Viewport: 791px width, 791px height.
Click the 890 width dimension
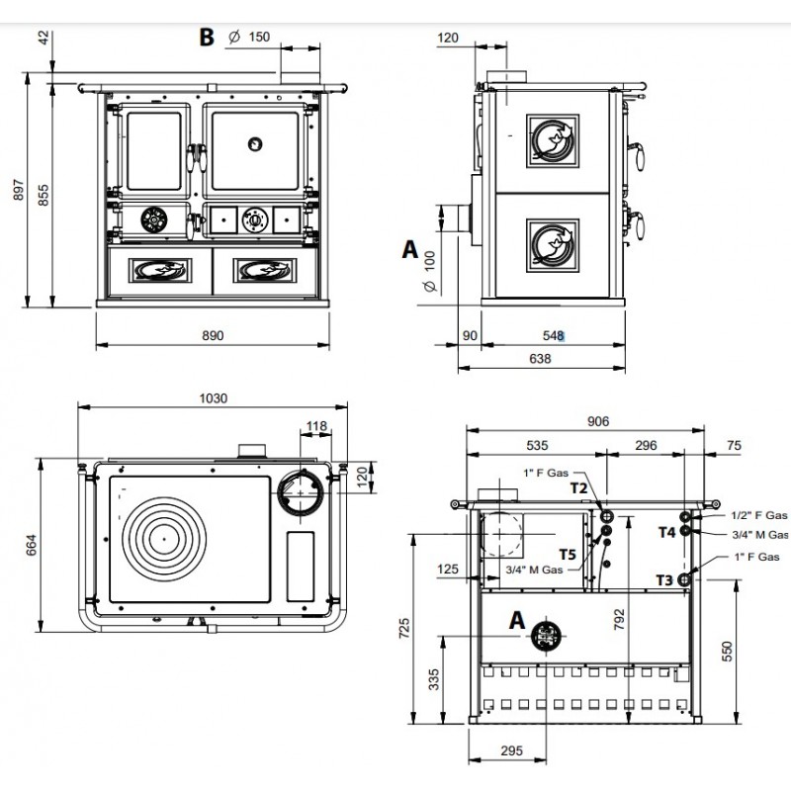pos(213,335)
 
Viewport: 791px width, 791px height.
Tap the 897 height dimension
pos(19,190)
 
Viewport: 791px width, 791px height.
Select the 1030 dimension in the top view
pos(213,398)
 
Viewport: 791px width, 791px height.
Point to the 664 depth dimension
pos(32,545)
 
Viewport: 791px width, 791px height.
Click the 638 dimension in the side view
pos(540,359)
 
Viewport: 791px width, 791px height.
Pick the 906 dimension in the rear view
pos(598,421)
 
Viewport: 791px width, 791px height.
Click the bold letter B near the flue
pos(207,37)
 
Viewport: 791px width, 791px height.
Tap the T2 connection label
pos(579,487)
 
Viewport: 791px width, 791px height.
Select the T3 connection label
pos(664,580)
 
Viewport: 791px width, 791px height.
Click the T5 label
pos(568,555)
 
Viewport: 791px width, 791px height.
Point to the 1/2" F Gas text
pos(758,515)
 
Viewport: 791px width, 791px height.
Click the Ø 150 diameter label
pos(249,37)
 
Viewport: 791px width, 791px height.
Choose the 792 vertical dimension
pos(620,619)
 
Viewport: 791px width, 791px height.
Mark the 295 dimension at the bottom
pos(511,750)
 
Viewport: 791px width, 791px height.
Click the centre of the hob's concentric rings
pos(164,539)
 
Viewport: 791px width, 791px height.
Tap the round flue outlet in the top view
pos(301,492)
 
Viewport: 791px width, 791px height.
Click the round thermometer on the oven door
pos(255,144)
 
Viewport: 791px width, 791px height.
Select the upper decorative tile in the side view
pos(553,140)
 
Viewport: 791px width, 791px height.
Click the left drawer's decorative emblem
pos(160,270)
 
